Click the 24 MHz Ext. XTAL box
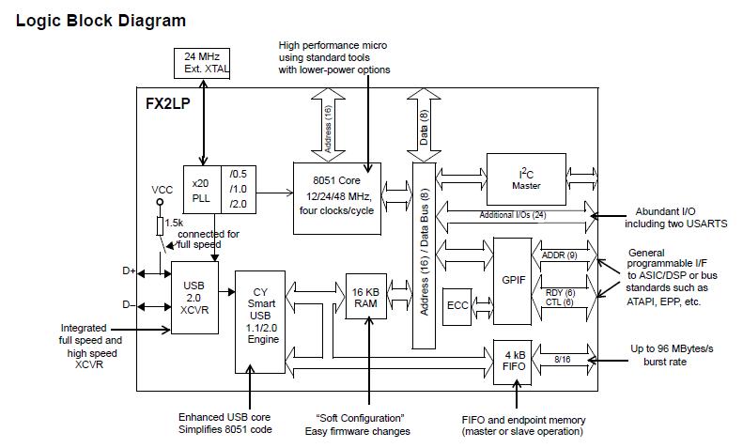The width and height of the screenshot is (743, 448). click(x=203, y=62)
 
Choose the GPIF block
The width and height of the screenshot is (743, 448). click(x=513, y=278)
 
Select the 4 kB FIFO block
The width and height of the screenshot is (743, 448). click(x=513, y=359)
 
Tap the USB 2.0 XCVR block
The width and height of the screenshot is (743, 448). click(x=194, y=297)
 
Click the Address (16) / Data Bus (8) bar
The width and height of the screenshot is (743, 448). click(x=426, y=256)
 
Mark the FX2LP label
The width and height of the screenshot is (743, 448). click(x=169, y=104)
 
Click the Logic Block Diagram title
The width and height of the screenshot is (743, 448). click(x=101, y=21)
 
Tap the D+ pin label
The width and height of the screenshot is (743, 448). click(x=129, y=270)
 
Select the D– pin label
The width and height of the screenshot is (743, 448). click(x=129, y=304)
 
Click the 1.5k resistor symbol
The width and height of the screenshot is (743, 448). click(x=161, y=225)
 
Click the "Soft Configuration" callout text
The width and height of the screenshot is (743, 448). click(x=357, y=418)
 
